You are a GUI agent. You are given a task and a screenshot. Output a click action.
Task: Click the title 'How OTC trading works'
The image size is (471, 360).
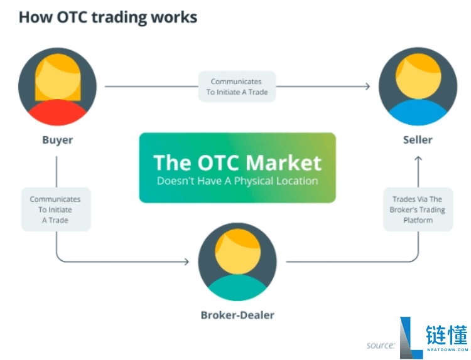tap(108, 17)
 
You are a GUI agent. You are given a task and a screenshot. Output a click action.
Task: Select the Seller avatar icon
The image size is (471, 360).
tap(418, 86)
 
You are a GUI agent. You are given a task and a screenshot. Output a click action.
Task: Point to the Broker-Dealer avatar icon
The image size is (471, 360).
tap(237, 261)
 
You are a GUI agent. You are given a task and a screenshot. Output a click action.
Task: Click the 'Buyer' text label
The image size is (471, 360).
tap(57, 140)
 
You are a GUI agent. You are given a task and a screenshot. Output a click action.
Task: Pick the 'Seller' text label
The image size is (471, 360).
tap(418, 139)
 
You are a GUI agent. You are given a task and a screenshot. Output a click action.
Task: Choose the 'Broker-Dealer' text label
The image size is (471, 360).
tap(237, 314)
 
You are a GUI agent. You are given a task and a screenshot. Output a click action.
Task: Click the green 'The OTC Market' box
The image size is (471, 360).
tap(237, 167)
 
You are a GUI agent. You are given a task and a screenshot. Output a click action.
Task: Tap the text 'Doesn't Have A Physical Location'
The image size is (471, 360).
tap(237, 181)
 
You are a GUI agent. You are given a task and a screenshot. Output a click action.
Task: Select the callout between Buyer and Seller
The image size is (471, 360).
tap(237, 87)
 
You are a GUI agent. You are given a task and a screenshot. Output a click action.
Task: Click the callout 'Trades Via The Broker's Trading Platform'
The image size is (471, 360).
tap(418, 209)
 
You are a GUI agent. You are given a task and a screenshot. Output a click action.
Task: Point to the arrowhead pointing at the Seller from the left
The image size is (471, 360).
tap(367, 86)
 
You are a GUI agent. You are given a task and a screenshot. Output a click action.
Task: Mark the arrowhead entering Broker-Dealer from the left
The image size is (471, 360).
tap(186, 261)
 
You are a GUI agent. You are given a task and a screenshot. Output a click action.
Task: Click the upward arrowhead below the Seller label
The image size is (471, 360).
tap(418, 159)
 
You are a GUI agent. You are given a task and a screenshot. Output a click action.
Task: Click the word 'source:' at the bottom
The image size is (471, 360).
tap(381, 345)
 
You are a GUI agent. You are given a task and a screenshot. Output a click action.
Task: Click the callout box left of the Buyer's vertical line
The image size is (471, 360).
tap(55, 209)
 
